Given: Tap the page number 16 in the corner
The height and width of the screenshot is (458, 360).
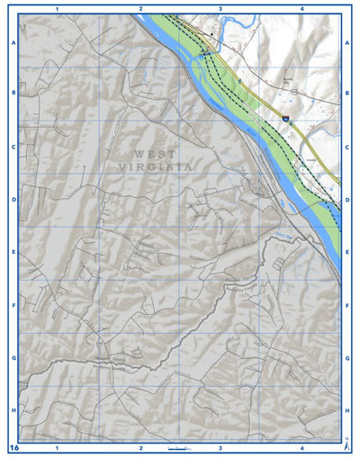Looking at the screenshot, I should [x=13, y=447].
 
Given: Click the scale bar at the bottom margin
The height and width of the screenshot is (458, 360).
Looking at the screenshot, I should [x=178, y=447].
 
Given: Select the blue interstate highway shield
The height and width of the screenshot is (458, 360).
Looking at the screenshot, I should [x=284, y=117].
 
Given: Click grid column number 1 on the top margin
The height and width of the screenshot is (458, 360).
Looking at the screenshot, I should [x=57, y=8].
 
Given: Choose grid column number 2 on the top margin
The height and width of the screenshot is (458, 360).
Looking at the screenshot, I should [x=140, y=8].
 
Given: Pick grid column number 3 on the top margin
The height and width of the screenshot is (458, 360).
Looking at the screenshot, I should [x=220, y=8].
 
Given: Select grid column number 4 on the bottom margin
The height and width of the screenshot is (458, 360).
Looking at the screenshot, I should [x=302, y=447].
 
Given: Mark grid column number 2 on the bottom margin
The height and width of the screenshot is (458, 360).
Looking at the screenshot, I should [x=140, y=447].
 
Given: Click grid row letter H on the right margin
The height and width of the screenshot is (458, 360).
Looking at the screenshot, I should [x=347, y=410].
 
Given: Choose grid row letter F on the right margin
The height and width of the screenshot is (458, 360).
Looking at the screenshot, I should [x=347, y=305].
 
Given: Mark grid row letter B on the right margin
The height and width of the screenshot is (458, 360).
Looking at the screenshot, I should [x=347, y=93].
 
